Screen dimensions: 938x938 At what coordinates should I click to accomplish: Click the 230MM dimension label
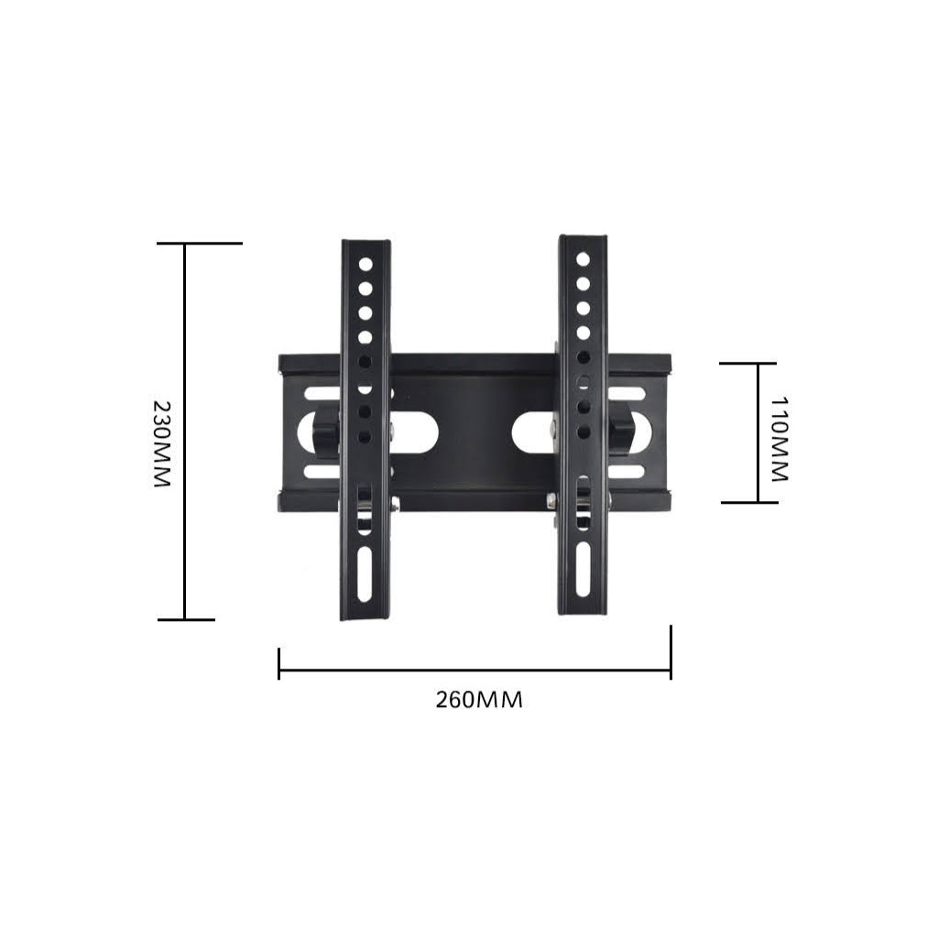[x=161, y=442]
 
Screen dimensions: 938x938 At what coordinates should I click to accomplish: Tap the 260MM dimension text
[x=478, y=700]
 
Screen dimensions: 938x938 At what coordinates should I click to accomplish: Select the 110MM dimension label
[x=779, y=439]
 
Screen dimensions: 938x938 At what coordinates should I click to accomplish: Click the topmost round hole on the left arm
[x=365, y=264]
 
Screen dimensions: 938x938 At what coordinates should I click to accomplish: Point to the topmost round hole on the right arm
[x=583, y=259]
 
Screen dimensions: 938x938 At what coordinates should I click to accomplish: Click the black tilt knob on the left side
[x=324, y=431]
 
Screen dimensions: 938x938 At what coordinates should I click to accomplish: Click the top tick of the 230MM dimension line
[x=199, y=244]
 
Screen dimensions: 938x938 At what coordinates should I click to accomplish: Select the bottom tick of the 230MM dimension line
[x=186, y=620]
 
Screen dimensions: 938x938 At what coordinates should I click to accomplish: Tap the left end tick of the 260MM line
[x=278, y=664]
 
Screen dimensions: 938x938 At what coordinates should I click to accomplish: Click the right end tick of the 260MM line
[x=671, y=653]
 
